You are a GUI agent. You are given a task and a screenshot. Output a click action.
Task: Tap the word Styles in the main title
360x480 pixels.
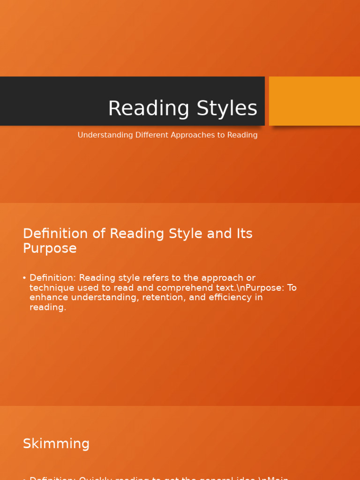pyautogui.click(x=227, y=109)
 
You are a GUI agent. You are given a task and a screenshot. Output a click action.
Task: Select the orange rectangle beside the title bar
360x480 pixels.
pyautogui.click(x=314, y=101)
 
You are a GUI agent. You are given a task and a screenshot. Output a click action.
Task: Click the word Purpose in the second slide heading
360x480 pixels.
pyautogui.click(x=50, y=248)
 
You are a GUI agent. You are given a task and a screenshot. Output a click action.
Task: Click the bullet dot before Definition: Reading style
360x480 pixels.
pyautogui.click(x=24, y=278)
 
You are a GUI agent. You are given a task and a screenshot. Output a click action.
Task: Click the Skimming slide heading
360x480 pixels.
pyautogui.click(x=56, y=443)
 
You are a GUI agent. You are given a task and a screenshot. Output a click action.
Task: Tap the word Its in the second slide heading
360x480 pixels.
pyautogui.click(x=244, y=233)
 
